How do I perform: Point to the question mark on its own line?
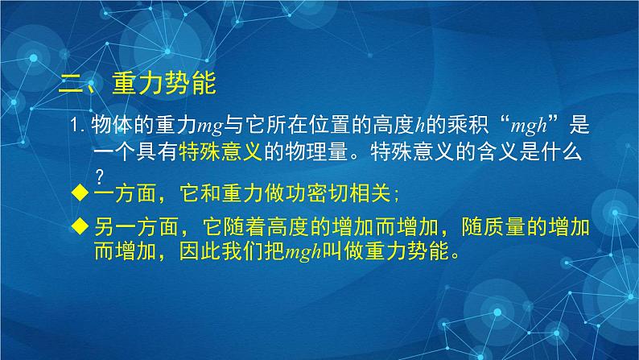[101, 175]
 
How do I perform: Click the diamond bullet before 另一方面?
[78, 228]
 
